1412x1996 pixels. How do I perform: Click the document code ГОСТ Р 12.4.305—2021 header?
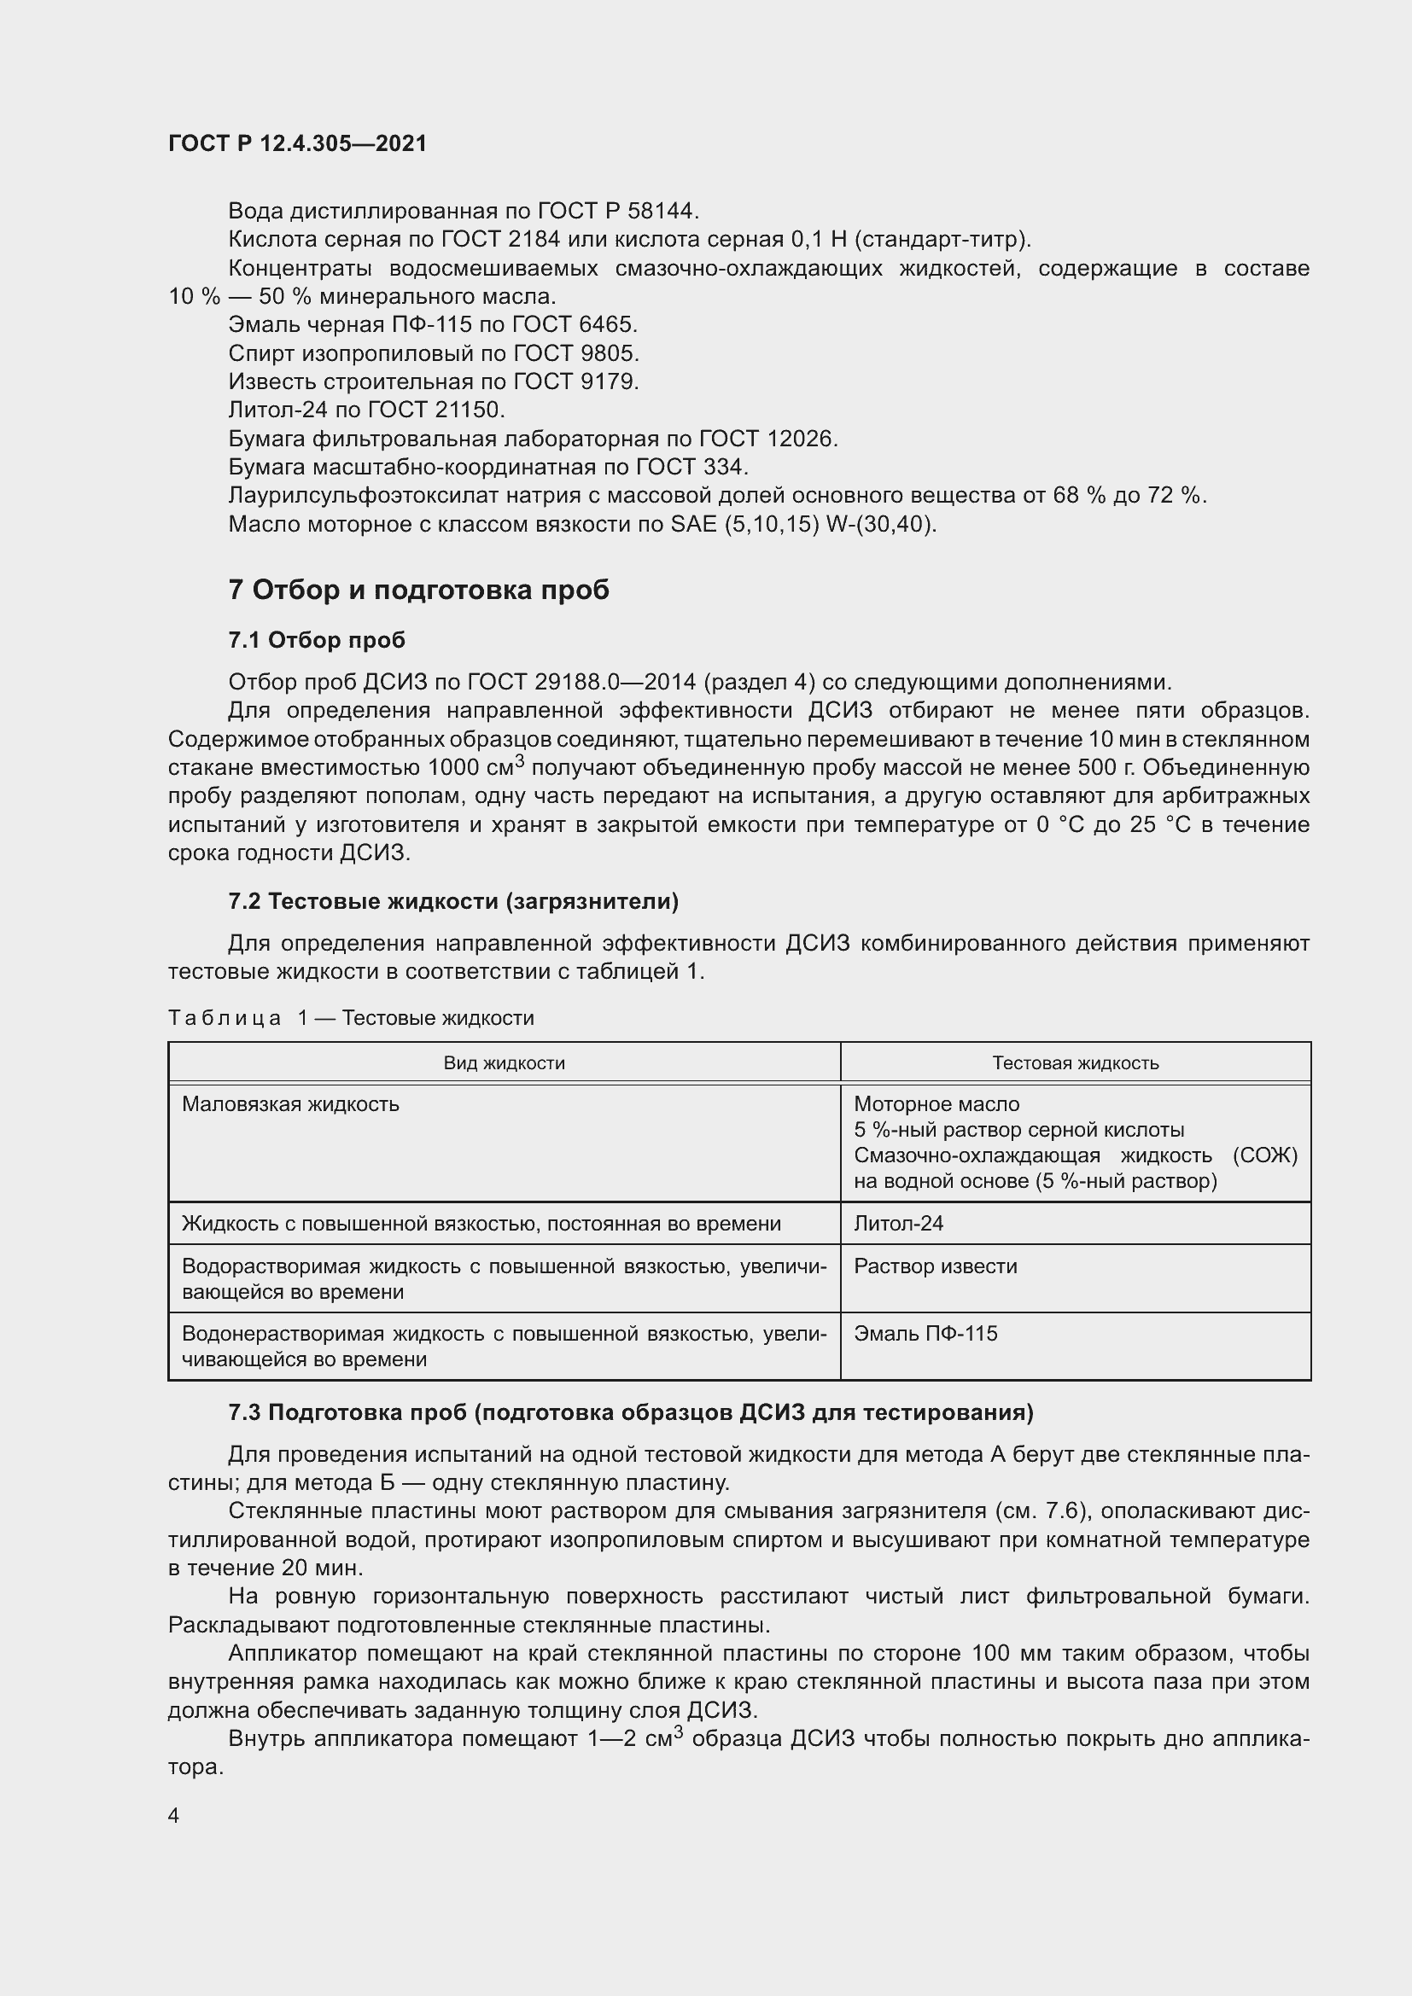(x=297, y=143)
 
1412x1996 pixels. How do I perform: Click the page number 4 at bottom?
(x=174, y=1815)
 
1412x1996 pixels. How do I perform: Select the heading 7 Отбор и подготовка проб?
(x=418, y=591)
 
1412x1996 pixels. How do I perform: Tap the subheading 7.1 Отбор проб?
(x=317, y=640)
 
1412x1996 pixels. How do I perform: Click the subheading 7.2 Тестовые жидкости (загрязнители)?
(x=453, y=901)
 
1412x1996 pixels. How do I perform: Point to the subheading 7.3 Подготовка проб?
(x=630, y=1412)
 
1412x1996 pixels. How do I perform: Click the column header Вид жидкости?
(x=505, y=1062)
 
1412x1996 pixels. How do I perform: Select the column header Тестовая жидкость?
(x=1075, y=1062)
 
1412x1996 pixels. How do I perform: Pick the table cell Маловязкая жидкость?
(x=290, y=1104)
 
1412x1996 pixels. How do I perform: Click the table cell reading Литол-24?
(x=898, y=1223)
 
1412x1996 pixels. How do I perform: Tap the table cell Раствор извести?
(x=935, y=1266)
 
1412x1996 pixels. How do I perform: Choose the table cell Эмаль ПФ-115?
(x=925, y=1333)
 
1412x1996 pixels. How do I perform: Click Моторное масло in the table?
(x=936, y=1104)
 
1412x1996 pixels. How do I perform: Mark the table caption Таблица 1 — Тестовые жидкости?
(x=350, y=1018)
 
